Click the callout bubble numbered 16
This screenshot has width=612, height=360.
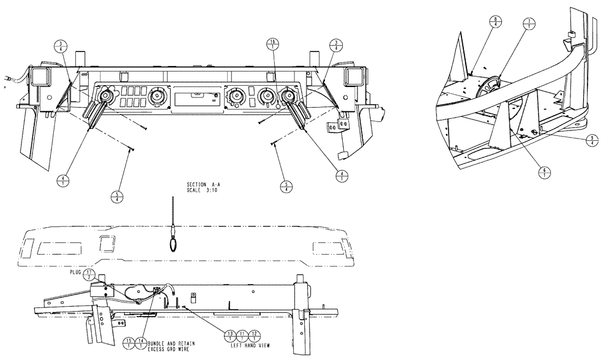(x=272, y=45)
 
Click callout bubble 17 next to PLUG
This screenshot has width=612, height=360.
(x=89, y=275)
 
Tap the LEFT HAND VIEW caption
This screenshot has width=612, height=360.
(x=245, y=346)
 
